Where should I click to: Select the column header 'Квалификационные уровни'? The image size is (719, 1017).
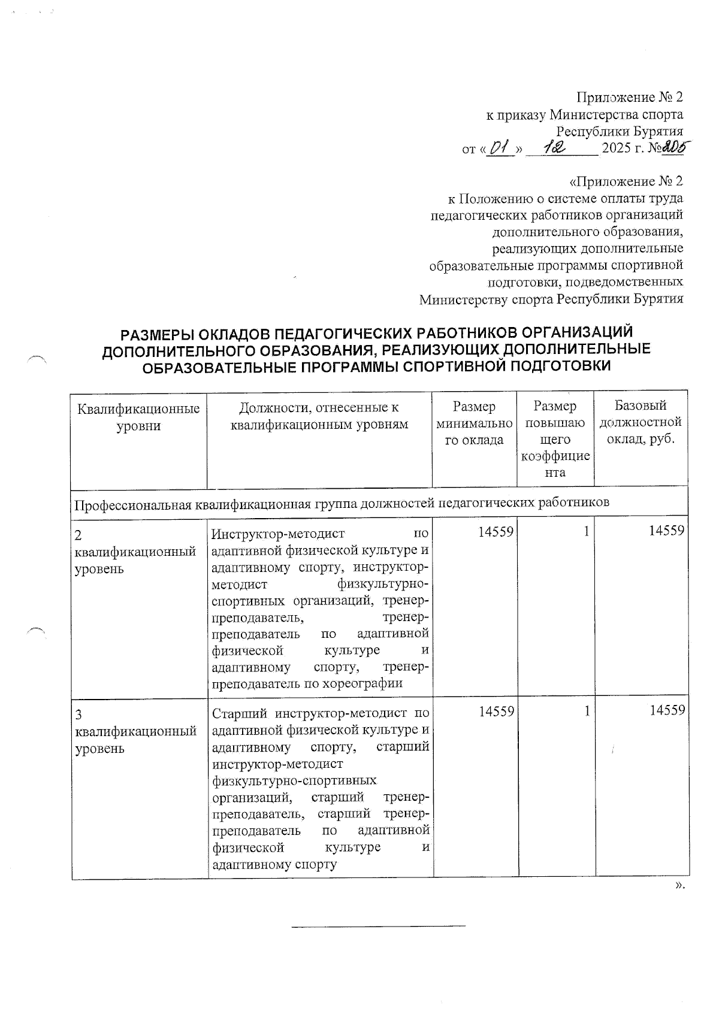tap(138, 417)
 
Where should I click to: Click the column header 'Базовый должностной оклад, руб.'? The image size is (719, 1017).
tap(640, 422)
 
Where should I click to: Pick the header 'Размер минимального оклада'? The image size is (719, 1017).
tap(474, 423)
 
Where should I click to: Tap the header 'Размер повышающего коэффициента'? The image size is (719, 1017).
tap(555, 439)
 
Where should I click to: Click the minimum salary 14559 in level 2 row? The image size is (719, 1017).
tap(496, 531)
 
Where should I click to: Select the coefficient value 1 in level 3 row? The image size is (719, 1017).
tap(587, 710)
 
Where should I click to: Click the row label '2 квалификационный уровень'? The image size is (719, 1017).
tap(135, 552)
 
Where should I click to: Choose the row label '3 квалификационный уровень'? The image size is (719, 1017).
tap(135, 731)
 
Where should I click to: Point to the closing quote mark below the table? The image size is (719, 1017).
tap(679, 886)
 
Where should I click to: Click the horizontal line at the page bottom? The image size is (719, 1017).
tap(377, 927)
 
